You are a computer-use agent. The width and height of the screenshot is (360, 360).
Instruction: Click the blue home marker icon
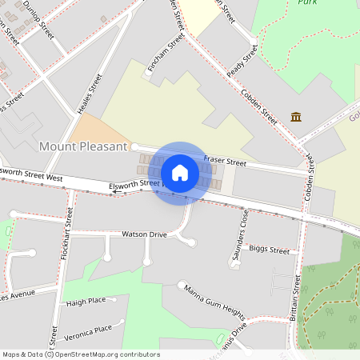(180, 172)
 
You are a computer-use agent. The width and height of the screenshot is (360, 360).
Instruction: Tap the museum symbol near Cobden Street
(296, 117)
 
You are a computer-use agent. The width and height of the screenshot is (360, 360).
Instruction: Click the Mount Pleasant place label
(83, 146)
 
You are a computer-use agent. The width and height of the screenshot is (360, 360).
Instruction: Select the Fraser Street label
(225, 162)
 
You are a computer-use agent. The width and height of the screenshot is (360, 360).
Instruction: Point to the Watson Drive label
(143, 234)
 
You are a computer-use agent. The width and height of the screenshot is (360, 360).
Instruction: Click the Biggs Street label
(269, 250)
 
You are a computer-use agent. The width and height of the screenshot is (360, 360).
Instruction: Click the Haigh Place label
(86, 302)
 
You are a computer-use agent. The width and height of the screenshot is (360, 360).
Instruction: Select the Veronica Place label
(88, 329)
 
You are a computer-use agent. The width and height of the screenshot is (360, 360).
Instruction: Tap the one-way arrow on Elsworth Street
(116, 191)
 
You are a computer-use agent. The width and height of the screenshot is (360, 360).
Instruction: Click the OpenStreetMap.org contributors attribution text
(107, 354)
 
